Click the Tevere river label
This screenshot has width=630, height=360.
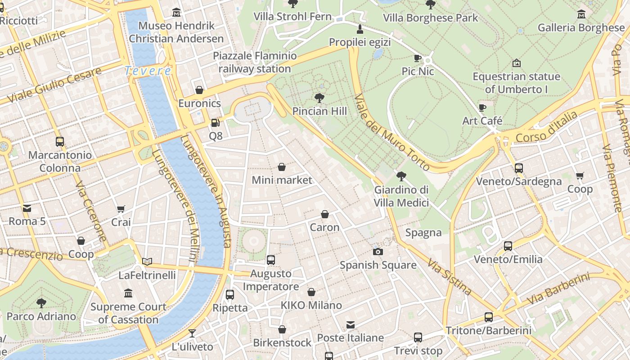tap(148, 71)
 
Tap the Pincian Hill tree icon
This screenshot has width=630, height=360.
tap(319, 98)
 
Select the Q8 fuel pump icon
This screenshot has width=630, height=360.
tap(216, 122)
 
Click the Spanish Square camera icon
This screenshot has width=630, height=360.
tap(378, 252)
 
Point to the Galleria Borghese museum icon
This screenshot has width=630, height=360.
tap(581, 14)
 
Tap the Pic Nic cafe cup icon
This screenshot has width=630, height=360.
tap(418, 58)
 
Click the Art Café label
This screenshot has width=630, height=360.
tap(482, 121)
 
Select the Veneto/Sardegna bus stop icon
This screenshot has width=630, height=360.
tap(518, 168)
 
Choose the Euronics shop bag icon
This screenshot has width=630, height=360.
tap(199, 90)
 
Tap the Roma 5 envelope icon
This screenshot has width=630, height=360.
tap(27, 208)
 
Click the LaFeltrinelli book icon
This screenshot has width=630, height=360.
tap(147, 261)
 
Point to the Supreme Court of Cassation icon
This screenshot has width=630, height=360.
tap(128, 293)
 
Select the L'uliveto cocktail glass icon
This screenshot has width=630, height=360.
tap(192, 333)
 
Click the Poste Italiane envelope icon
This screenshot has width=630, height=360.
tap(351, 324)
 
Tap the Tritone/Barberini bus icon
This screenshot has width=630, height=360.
tap(488, 317)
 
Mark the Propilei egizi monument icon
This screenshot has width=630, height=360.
tap(360, 29)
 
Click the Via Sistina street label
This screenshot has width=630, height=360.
tap(449, 276)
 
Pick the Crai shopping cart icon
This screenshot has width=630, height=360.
tap(121, 209)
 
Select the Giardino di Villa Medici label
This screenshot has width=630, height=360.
tap(401, 196)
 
